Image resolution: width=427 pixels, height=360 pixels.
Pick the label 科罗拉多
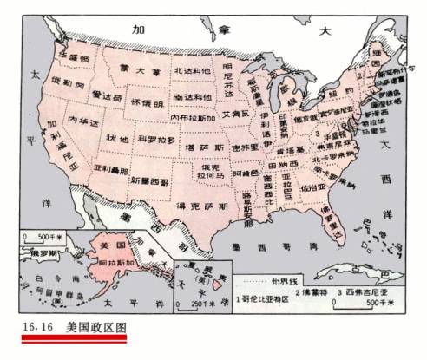[x=157, y=139]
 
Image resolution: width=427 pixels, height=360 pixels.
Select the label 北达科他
[x=192, y=71]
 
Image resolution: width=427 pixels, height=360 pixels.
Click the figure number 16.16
[x=30, y=329]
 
